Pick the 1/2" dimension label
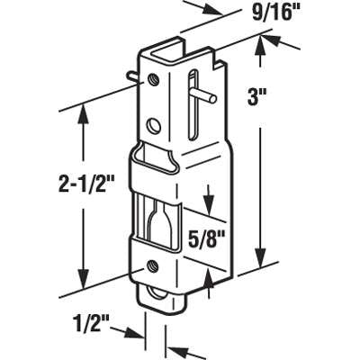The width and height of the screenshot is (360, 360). click(94, 323)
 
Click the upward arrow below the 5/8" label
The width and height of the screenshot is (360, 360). click(209, 281)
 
